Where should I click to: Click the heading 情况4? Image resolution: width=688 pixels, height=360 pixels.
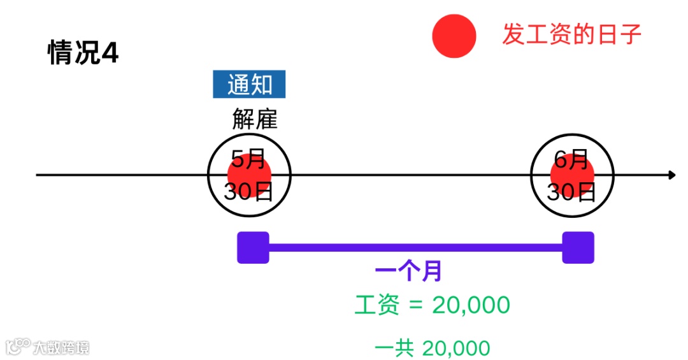83,54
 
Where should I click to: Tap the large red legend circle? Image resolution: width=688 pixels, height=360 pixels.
454,36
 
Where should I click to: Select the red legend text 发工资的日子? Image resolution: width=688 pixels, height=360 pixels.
571,34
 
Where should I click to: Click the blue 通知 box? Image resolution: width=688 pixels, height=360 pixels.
249,85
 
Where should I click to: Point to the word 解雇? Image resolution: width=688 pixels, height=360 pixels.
254,119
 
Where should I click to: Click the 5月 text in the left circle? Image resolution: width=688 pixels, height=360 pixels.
247,159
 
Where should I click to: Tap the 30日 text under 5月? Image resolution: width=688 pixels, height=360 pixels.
248,191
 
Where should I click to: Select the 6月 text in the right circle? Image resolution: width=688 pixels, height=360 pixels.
571,159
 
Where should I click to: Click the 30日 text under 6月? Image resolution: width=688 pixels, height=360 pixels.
571,191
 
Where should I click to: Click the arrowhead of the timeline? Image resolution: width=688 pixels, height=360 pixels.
672,175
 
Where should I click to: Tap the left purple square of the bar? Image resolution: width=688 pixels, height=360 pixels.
253,247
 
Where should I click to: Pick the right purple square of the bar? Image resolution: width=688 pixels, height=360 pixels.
578,247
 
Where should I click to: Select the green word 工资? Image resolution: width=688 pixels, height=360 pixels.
376,305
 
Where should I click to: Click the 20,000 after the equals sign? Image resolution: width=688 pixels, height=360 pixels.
471,305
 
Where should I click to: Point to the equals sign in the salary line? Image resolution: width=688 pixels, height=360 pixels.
415,306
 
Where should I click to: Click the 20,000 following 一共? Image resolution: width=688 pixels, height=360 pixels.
455,349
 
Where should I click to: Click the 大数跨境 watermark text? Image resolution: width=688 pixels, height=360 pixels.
61,347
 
